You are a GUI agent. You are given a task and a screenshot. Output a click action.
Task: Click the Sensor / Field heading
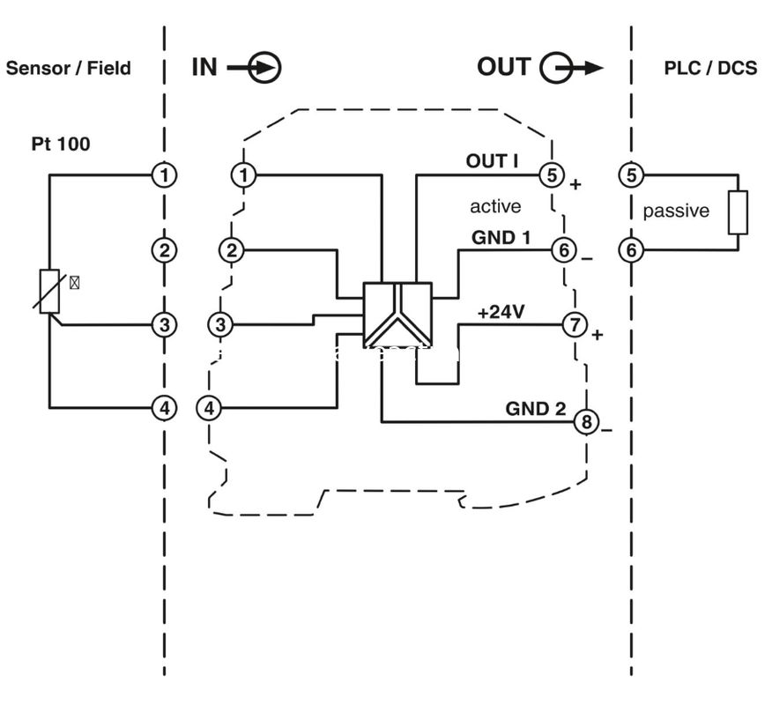coord(69,68)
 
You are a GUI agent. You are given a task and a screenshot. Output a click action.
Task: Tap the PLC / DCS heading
coord(710,68)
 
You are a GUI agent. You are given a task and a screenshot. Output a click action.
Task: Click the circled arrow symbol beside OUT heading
coord(557,68)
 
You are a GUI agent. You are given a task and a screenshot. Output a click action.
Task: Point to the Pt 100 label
coord(61,144)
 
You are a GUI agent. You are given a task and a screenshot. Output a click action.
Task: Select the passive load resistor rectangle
coord(738,212)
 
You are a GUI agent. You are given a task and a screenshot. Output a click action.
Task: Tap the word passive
coord(676,211)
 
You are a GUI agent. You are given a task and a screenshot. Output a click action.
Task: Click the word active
coord(495,206)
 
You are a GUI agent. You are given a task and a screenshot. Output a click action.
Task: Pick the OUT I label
coord(492,161)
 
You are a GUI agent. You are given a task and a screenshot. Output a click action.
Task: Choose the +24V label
coord(500,312)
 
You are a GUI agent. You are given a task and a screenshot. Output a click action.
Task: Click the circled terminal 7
coord(575,325)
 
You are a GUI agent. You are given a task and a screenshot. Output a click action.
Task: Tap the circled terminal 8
coord(586,421)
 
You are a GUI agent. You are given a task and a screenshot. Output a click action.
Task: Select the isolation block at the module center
coord(397,315)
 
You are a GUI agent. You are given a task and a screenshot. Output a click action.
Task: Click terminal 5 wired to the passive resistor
coord(631,174)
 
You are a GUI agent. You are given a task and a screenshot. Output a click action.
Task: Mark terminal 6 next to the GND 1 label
coord(563,250)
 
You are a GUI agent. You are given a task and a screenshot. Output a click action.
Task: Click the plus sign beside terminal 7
coord(597,335)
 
